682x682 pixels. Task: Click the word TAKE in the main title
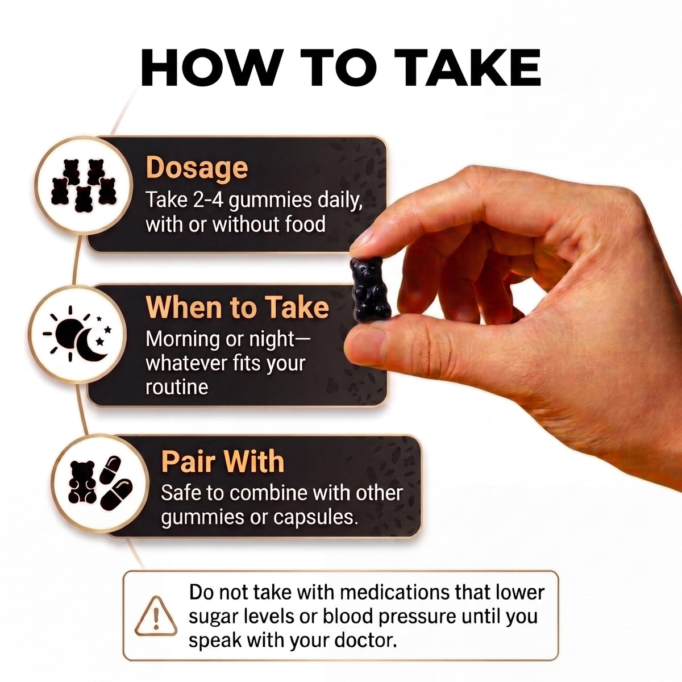[x=468, y=67]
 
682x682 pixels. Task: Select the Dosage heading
[x=197, y=168]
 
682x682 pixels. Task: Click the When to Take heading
[x=237, y=307]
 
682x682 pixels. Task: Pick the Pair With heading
[x=223, y=461]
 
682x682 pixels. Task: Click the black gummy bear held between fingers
[x=370, y=289]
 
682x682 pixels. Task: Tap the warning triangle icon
[x=156, y=616]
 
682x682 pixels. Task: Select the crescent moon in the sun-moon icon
[x=90, y=345]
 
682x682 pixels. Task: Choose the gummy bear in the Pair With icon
[x=82, y=482]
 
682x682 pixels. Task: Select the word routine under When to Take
[x=177, y=387]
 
